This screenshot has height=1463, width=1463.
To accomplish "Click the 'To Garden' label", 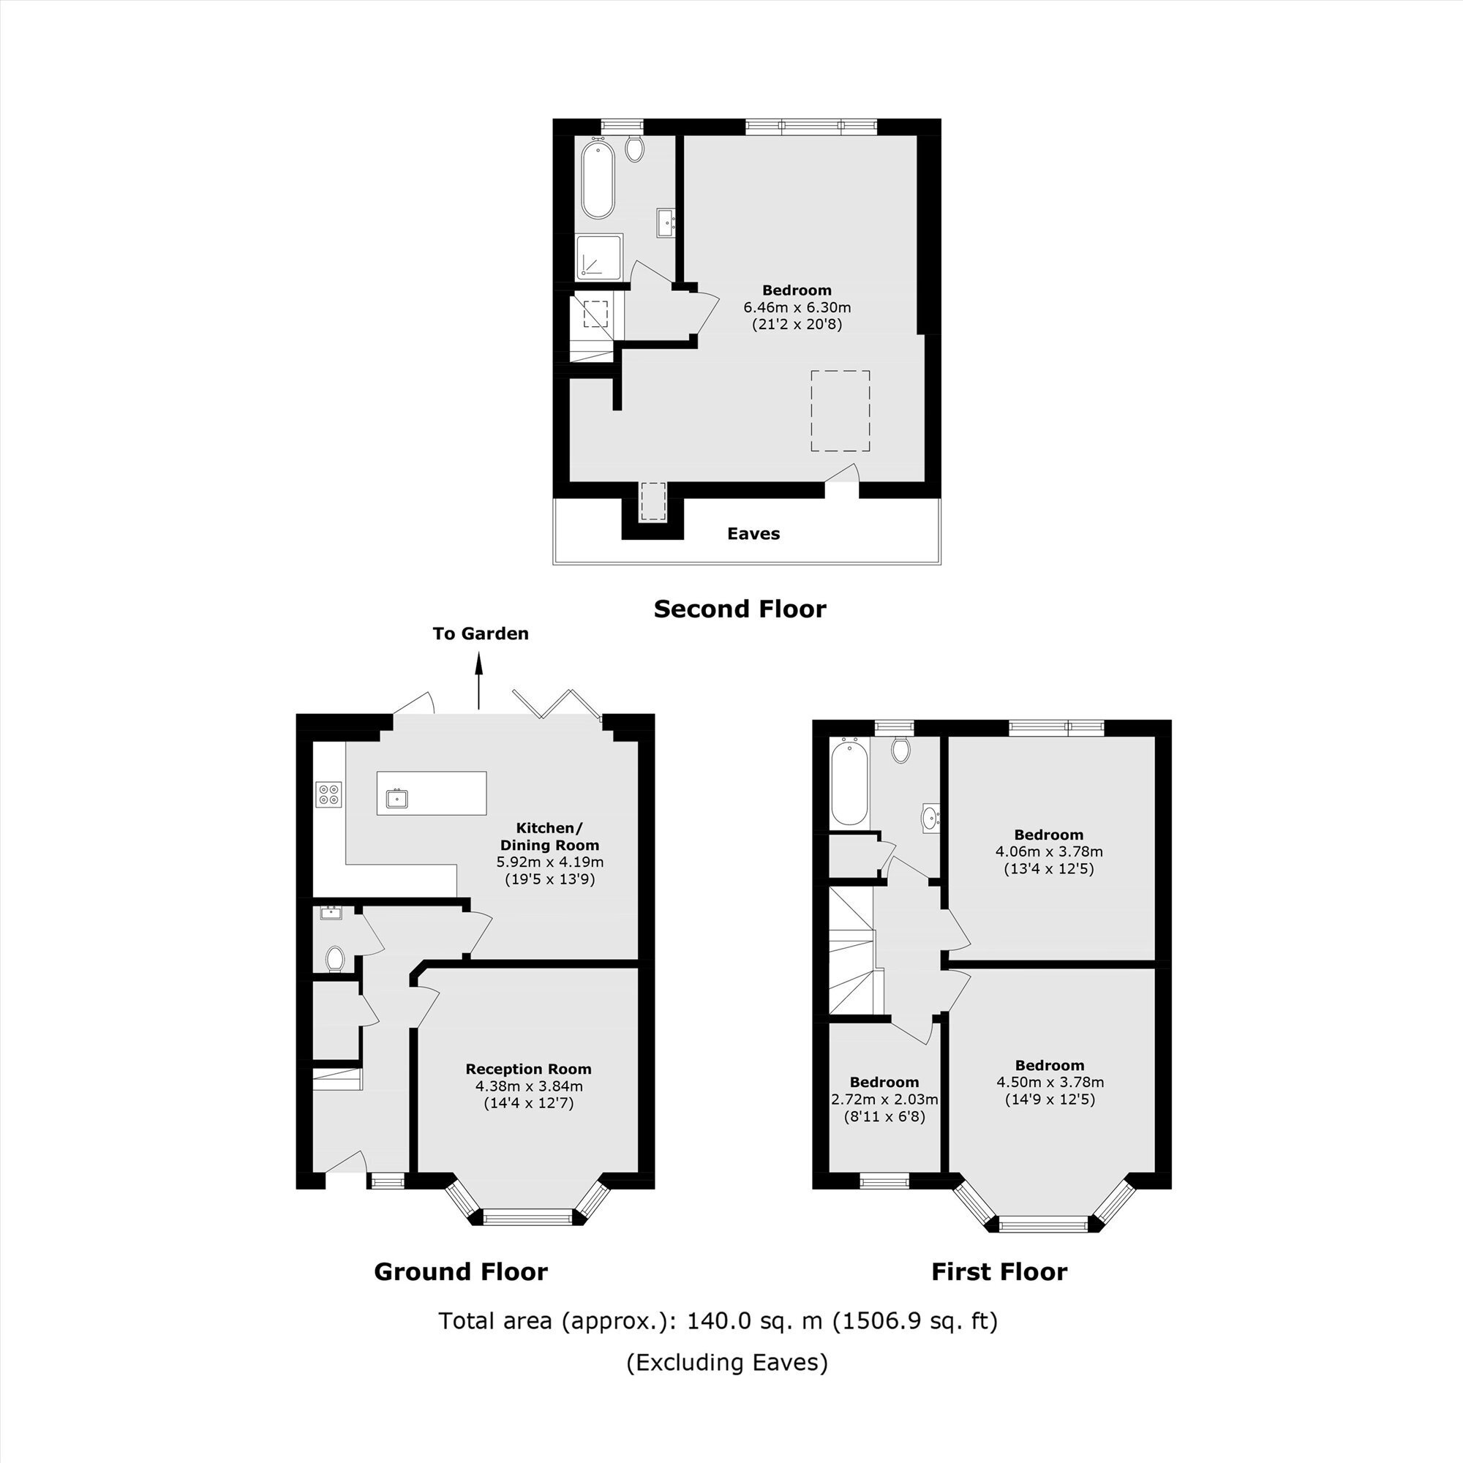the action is click(x=480, y=633).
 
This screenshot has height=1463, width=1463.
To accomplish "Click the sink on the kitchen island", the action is click(x=396, y=798).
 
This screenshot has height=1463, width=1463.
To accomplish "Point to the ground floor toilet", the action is click(x=335, y=959).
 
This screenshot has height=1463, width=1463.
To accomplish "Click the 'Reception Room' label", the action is click(x=529, y=1069).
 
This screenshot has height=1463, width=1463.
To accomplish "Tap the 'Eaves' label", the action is click(x=753, y=533).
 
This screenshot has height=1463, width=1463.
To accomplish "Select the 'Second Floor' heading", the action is click(x=740, y=609).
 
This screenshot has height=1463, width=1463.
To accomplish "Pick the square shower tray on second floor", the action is click(x=599, y=257).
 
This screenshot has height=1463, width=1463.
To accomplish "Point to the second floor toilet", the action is click(x=634, y=148).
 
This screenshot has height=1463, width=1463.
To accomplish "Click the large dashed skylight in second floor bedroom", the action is click(x=840, y=411).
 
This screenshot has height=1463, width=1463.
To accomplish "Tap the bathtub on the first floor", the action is click(x=849, y=783).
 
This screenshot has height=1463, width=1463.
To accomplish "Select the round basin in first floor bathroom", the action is click(x=930, y=817).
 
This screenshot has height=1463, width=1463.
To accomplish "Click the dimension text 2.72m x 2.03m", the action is click(x=884, y=1099).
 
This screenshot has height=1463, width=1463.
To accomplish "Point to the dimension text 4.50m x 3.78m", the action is click(x=1050, y=1081).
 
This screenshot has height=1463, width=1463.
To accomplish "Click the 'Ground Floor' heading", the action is click(x=460, y=1271).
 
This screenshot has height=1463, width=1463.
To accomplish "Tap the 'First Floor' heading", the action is click(x=998, y=1271).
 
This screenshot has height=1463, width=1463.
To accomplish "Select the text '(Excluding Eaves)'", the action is click(x=727, y=1362).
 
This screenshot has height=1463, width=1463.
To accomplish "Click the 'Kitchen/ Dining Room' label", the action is click(x=550, y=836).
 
